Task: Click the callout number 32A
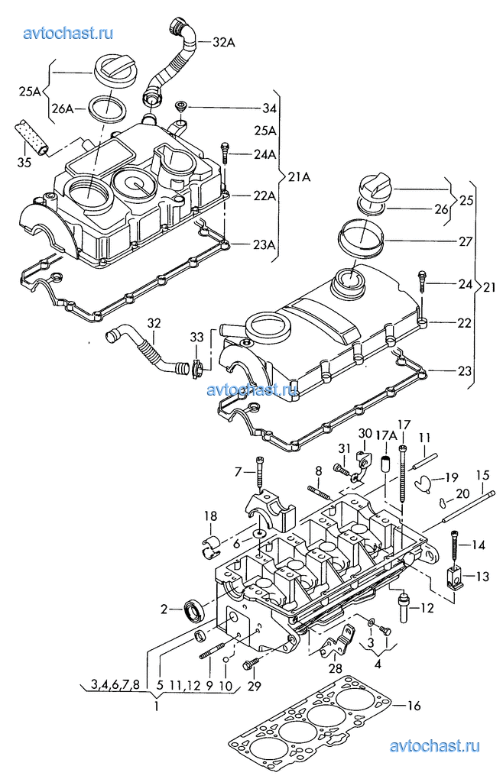point(224,42)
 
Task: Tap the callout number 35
point(24,162)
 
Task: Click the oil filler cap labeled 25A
point(113,73)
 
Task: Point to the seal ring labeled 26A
point(107,108)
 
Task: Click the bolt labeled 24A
point(226,153)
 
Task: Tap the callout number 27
point(466,242)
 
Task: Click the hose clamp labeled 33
point(197,368)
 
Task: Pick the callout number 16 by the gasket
point(414,706)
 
